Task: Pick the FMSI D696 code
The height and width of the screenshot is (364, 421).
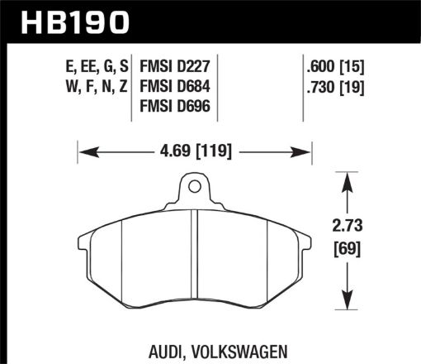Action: coord(177,104)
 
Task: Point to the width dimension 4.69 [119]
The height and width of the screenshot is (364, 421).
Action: coord(195,151)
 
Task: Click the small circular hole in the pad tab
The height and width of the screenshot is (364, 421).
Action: coord(195,185)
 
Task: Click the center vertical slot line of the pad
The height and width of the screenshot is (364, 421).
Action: coord(193,256)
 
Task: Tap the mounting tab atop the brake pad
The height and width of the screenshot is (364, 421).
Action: coord(195,189)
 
